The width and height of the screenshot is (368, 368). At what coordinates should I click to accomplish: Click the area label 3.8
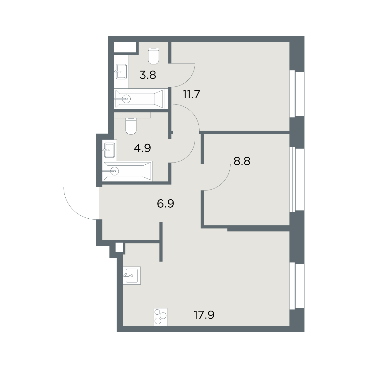[x=148, y=75]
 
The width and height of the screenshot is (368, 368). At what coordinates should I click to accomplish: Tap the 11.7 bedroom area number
[x=191, y=94]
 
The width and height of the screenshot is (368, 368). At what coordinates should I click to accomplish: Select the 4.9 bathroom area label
[x=142, y=148]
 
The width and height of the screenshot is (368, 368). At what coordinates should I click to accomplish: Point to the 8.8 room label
[x=242, y=161]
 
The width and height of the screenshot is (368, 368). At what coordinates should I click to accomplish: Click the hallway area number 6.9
[x=165, y=204]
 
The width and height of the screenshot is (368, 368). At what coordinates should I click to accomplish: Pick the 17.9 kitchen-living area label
[x=204, y=315]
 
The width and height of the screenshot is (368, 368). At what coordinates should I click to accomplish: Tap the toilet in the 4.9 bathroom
[x=131, y=126]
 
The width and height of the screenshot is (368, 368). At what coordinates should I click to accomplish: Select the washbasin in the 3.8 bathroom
[x=121, y=72]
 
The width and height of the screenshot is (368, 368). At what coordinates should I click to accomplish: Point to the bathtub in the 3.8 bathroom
[x=140, y=99]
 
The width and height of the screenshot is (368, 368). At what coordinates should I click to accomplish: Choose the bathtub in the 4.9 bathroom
[x=127, y=171]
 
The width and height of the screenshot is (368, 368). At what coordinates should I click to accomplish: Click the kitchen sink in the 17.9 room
[x=132, y=276]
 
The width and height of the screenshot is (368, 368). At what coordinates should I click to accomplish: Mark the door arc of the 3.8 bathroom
[x=189, y=80]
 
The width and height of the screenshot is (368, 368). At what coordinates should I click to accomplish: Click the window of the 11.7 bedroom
[x=297, y=94]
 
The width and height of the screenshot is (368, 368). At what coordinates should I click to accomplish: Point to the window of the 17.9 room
[x=297, y=286]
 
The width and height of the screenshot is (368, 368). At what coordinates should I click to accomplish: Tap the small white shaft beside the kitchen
[x=119, y=247]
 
